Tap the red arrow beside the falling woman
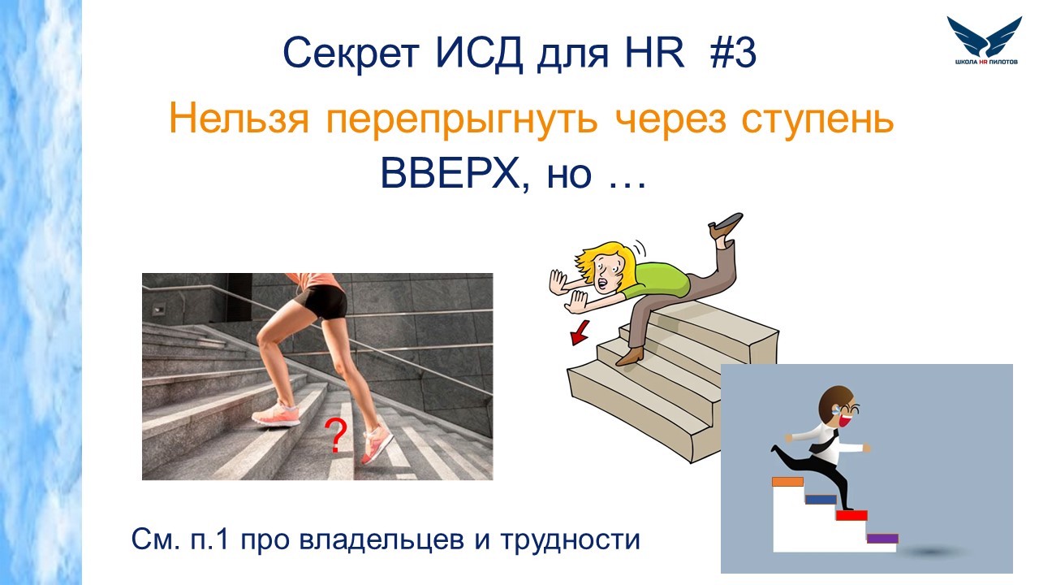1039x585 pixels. (580, 332)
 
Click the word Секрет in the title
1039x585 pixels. (351, 53)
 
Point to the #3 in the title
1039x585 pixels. (733, 53)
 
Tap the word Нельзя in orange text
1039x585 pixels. (239, 119)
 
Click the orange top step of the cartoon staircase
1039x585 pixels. (787, 482)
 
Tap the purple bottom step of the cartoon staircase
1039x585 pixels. (882, 539)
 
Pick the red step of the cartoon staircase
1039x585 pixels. (851, 515)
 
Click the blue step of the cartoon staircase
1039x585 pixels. (821, 500)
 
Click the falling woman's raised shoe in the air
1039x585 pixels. (726, 225)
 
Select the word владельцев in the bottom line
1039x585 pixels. (382, 540)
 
